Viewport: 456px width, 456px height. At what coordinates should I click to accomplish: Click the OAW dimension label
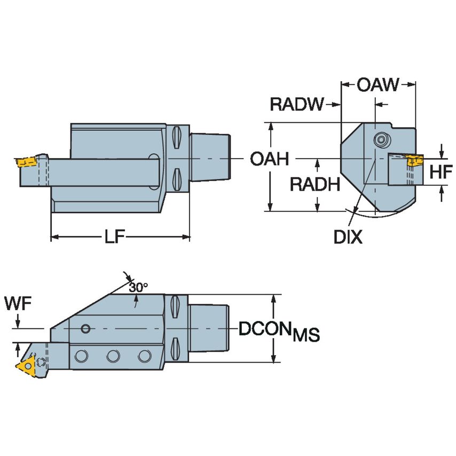(378, 84)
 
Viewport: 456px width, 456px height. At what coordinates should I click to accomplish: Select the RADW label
(296, 104)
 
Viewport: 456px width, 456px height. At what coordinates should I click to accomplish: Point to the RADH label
(315, 185)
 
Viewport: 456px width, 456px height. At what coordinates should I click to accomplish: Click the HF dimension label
(441, 172)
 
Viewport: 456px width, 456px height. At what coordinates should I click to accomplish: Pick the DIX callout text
(348, 237)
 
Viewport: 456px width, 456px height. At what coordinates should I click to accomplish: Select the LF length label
(119, 237)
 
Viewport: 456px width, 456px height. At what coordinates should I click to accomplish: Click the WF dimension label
(18, 304)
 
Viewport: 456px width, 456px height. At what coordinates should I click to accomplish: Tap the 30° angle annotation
(138, 287)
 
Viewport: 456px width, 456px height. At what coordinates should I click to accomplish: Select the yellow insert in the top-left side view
(24, 161)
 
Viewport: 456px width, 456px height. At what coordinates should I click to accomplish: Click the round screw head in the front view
(380, 140)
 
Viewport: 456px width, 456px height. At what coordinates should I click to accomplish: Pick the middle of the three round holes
(112, 355)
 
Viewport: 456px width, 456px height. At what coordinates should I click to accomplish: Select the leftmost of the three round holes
(81, 355)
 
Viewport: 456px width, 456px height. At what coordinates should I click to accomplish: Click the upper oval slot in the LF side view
(177, 139)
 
